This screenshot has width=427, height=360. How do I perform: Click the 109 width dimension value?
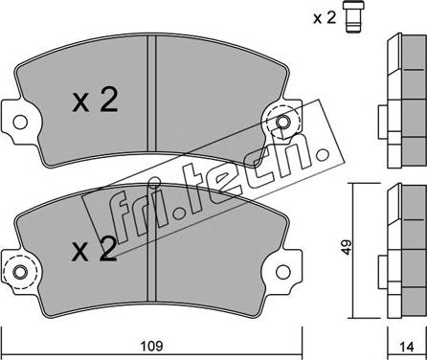[152, 346]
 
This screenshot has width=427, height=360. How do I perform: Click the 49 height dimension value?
[346, 247]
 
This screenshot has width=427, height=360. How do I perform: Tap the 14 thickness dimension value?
[407, 347]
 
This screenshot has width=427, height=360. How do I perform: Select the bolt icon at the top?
[353, 17]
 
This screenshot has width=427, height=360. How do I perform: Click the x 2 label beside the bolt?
[325, 18]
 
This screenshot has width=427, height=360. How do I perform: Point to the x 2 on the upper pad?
[95, 100]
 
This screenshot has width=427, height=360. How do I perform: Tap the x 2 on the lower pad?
[94, 249]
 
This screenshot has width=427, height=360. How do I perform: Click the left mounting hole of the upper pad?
[20, 122]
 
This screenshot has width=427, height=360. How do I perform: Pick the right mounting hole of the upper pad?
[282, 122]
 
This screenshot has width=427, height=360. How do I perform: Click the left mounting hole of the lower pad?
[20, 272]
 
